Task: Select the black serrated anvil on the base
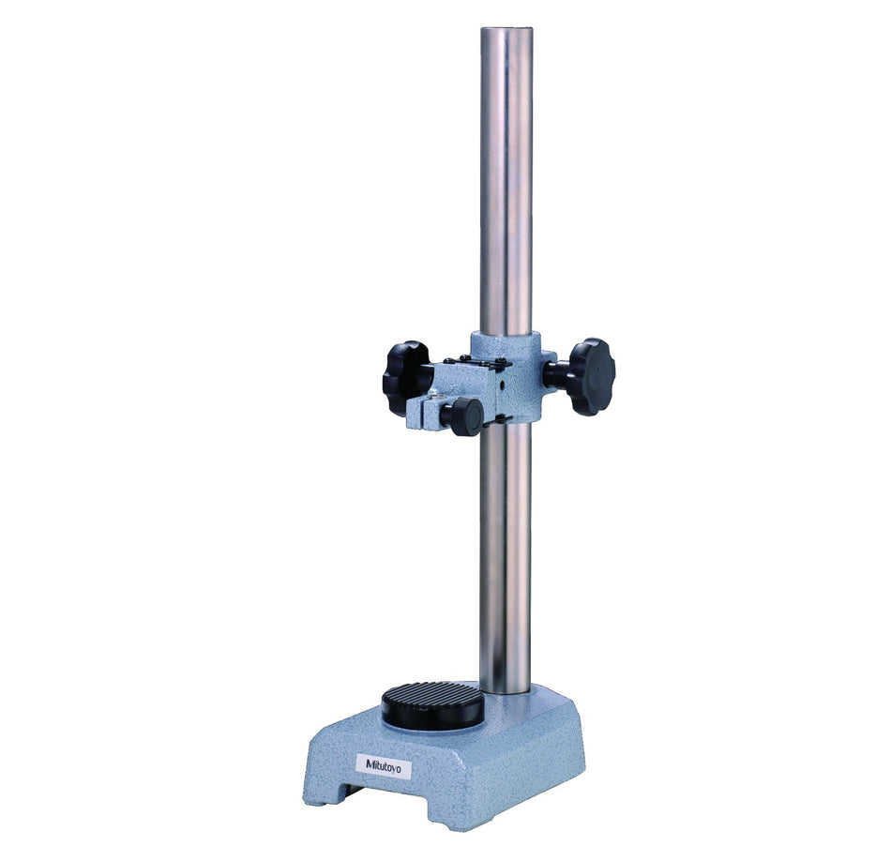(x=432, y=703)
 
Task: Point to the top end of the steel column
(x=506, y=34)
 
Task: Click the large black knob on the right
(x=589, y=376)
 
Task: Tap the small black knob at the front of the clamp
(x=462, y=416)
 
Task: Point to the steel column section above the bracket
(x=506, y=188)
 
